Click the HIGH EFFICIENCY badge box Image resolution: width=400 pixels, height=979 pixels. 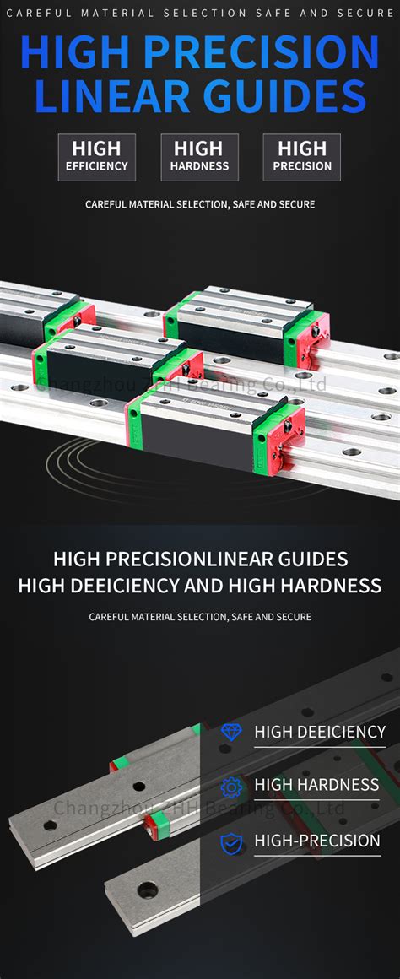[97, 157]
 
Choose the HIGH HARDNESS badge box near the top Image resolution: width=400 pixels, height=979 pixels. [200, 157]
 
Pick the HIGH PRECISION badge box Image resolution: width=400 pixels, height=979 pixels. [302, 157]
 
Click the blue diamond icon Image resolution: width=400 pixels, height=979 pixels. [230, 732]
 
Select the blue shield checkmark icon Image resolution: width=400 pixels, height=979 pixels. [230, 841]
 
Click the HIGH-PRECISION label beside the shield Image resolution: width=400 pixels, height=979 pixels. [317, 841]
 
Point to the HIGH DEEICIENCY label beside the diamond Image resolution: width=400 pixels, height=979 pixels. [320, 732]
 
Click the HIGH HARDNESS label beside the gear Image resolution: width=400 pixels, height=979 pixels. [316, 785]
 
